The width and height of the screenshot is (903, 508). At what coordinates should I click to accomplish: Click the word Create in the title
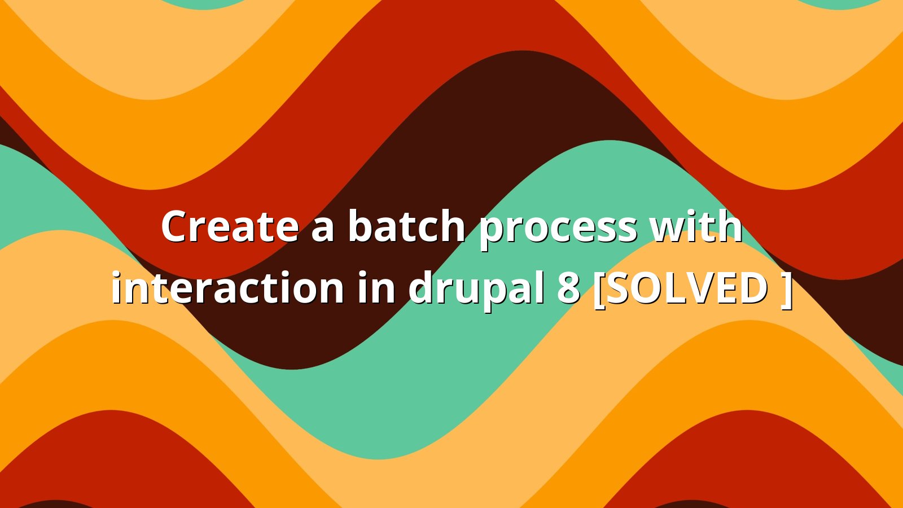[x=230, y=226]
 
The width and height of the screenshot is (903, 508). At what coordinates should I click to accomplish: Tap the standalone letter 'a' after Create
[x=322, y=230]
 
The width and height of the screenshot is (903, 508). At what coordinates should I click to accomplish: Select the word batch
[x=406, y=225]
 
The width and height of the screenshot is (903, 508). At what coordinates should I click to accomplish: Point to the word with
[x=698, y=225]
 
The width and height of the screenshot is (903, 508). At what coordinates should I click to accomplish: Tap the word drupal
[x=476, y=290]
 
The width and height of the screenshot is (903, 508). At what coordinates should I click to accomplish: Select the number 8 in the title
[x=568, y=288]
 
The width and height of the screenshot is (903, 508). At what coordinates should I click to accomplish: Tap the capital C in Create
[x=176, y=226]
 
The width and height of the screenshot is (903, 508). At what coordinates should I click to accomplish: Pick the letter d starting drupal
[x=421, y=287]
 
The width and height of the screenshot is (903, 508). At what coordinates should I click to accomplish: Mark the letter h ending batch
[x=453, y=225]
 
